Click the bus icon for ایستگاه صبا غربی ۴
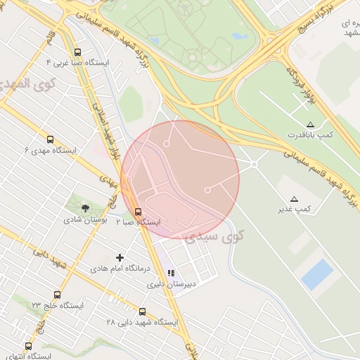pos(77,52)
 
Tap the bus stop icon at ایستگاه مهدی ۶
pos(49,139)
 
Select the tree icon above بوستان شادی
pos(86,208)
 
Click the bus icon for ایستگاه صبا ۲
pos(138,212)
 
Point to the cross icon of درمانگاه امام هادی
pos(120,258)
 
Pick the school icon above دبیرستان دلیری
pos(170,274)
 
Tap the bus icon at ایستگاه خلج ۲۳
pos(57,295)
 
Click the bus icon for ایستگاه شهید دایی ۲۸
pos(142,311)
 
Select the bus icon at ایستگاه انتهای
pos(29,346)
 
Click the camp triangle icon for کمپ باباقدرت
pos(310,124)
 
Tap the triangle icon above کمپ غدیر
pos(294,198)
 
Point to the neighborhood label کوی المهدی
pos(21,84)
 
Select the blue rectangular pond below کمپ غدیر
pos(317,274)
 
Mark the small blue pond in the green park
pos(240,35)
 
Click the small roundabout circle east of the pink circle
pos(254,164)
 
